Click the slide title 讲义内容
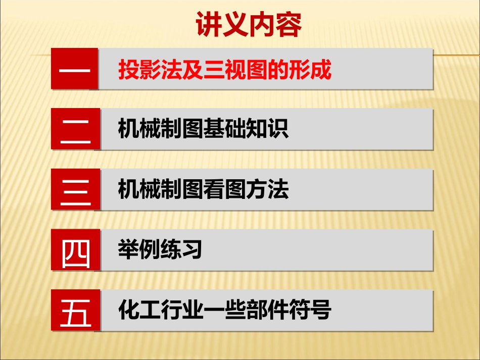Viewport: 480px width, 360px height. (x=249, y=25)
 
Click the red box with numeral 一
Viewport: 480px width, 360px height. (x=75, y=69)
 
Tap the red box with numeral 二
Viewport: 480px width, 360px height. (x=75, y=129)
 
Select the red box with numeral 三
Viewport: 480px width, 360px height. (x=75, y=190)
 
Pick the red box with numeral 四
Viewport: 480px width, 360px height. (x=75, y=250)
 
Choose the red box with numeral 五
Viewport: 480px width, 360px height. (x=75, y=311)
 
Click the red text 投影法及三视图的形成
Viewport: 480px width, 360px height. (x=224, y=70)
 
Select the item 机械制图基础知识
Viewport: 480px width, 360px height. (x=203, y=130)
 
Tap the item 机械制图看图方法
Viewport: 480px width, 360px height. (x=203, y=190)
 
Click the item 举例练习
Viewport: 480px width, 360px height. (x=160, y=250)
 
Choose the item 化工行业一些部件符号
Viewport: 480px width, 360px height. (x=224, y=311)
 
